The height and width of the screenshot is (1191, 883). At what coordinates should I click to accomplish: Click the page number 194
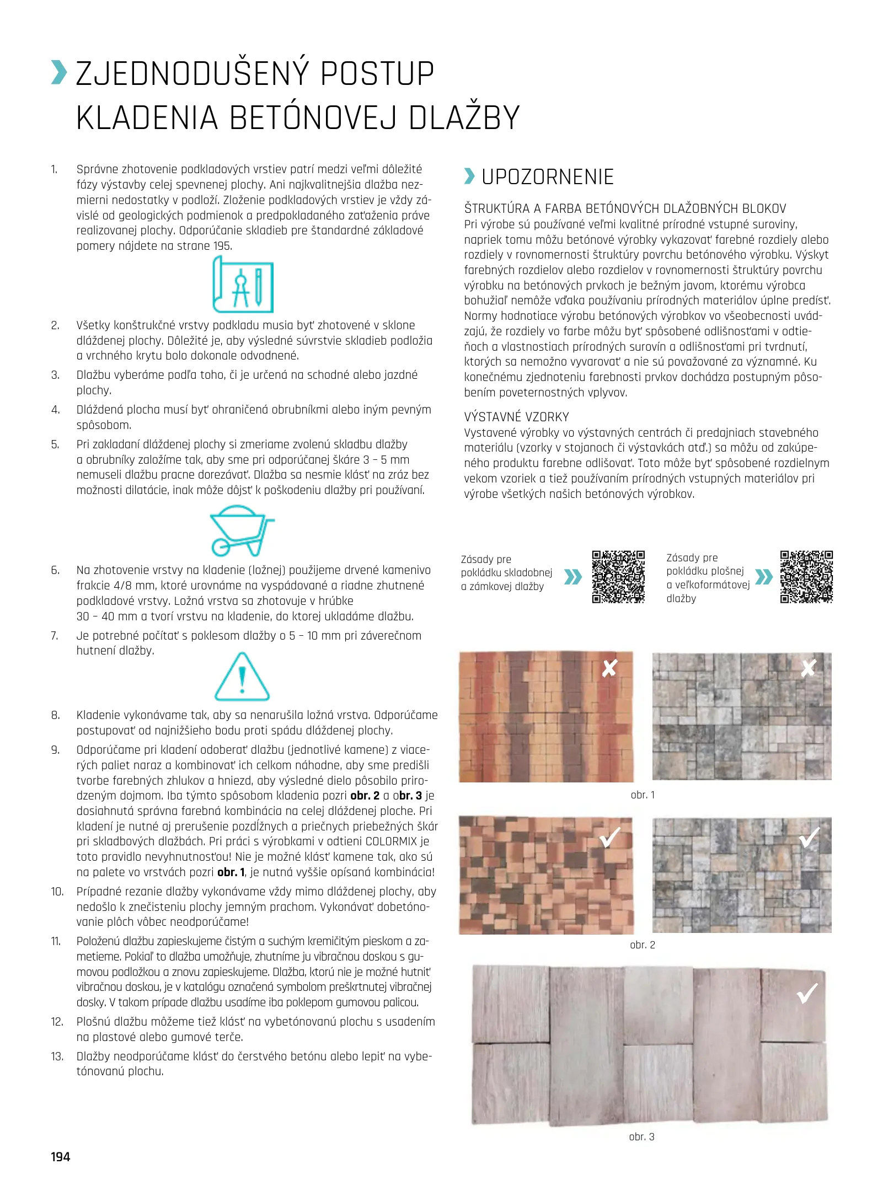(x=61, y=1157)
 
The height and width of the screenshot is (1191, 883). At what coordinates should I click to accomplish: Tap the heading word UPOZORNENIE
(x=547, y=177)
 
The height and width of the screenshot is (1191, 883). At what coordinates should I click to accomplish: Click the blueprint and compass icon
(x=243, y=285)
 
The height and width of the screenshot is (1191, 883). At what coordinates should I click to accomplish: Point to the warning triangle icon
(x=242, y=677)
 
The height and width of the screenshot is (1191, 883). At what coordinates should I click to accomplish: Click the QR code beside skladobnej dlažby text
(x=618, y=577)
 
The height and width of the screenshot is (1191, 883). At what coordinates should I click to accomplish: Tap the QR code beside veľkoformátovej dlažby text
(x=806, y=577)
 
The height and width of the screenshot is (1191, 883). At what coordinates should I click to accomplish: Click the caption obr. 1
(x=643, y=795)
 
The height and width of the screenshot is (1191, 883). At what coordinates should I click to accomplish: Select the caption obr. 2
(x=643, y=945)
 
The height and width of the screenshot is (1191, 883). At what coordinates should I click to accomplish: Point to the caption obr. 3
(x=641, y=1136)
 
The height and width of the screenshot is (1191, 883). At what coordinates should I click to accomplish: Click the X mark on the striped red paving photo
(x=609, y=668)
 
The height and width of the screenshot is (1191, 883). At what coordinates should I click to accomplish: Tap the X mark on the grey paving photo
(x=808, y=668)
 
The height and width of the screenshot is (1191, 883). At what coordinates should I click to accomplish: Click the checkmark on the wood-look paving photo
(x=807, y=994)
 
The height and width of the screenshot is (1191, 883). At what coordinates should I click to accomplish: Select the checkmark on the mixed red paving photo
(x=609, y=838)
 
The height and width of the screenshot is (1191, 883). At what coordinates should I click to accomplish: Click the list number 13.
(x=57, y=1056)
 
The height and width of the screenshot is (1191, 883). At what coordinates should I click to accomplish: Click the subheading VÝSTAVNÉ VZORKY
(x=516, y=417)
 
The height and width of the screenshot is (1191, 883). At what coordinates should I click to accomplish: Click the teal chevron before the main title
(x=59, y=73)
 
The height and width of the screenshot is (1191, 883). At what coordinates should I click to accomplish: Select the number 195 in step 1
(x=222, y=246)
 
